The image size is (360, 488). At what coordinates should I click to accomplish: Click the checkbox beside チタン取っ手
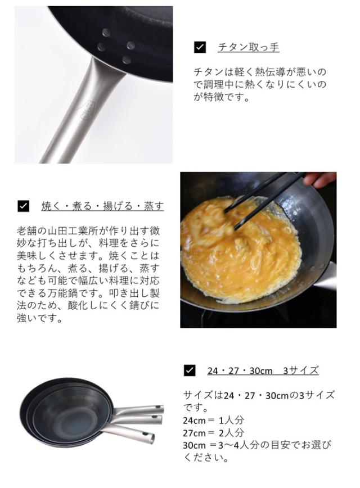[200, 47]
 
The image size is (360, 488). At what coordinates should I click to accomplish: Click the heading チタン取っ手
[248, 47]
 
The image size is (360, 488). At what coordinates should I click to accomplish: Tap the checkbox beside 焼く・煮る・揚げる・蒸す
[23, 206]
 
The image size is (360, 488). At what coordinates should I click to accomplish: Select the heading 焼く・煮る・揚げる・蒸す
[103, 206]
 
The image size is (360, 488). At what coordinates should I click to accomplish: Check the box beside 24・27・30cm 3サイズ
[190, 370]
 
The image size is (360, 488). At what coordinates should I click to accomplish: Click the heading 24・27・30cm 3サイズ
[263, 370]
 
